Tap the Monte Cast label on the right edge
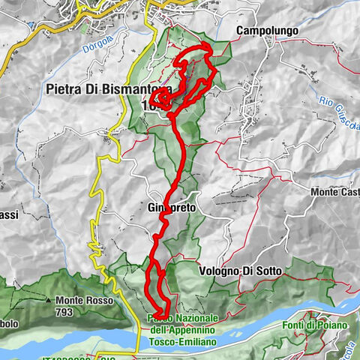[334, 193]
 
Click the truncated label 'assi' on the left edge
[9, 214]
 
